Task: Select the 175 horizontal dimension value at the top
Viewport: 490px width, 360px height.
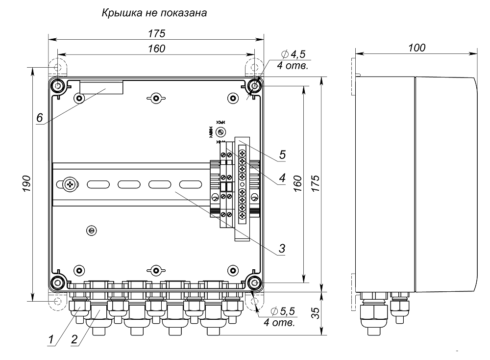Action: point(156,33)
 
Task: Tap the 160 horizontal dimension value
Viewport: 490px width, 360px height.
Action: point(156,48)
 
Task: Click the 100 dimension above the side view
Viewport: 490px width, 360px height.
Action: point(416,47)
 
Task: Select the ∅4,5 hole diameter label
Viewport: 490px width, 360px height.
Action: point(294,55)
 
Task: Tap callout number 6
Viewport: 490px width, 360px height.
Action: point(40,118)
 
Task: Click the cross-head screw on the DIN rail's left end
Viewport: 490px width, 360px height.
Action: point(70,185)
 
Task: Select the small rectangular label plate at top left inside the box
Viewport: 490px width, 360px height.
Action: point(101,87)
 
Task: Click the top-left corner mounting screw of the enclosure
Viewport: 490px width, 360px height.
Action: point(58,86)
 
